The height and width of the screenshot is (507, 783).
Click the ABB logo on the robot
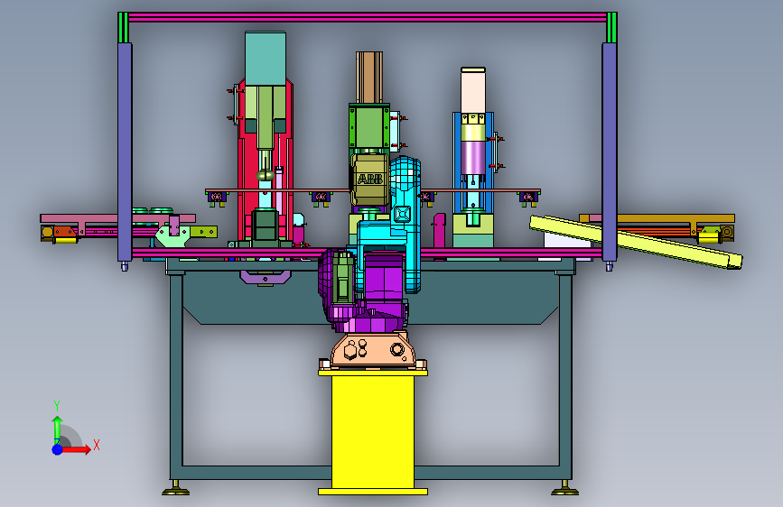click(370, 180)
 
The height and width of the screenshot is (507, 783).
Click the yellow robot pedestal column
click(373, 432)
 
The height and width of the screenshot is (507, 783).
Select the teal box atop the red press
click(266, 59)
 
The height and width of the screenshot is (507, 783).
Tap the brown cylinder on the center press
click(369, 78)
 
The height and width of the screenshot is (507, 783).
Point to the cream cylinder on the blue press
click(473, 92)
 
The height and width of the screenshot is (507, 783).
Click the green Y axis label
click(57, 406)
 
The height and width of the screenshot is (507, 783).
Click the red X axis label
click(97, 445)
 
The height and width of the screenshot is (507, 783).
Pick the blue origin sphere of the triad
click(58, 449)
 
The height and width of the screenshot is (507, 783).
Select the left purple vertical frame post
click(125, 152)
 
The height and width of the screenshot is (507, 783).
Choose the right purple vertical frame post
click(610, 152)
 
